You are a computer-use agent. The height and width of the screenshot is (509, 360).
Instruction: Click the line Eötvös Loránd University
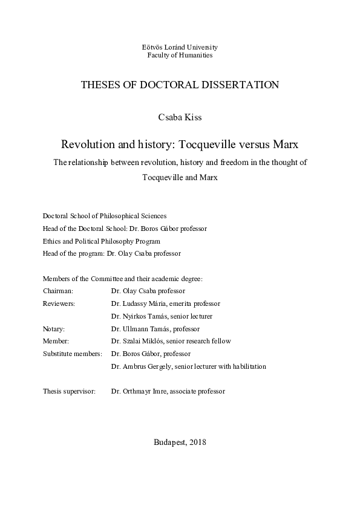(180, 47)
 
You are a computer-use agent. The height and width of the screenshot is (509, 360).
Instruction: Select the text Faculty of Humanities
(180, 55)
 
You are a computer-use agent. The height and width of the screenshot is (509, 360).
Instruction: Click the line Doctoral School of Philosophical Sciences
(105, 216)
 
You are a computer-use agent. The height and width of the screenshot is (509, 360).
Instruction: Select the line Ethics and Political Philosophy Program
(102, 241)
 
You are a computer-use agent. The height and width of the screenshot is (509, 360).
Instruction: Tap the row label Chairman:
(58, 291)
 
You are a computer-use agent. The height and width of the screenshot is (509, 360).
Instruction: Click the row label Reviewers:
(59, 303)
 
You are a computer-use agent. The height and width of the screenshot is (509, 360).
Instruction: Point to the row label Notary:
(54, 328)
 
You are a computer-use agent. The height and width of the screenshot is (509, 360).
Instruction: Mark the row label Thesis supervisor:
(69, 391)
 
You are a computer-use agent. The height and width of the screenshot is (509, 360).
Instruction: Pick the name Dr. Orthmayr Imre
(139, 391)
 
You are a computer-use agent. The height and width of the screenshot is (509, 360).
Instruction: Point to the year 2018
(198, 442)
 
